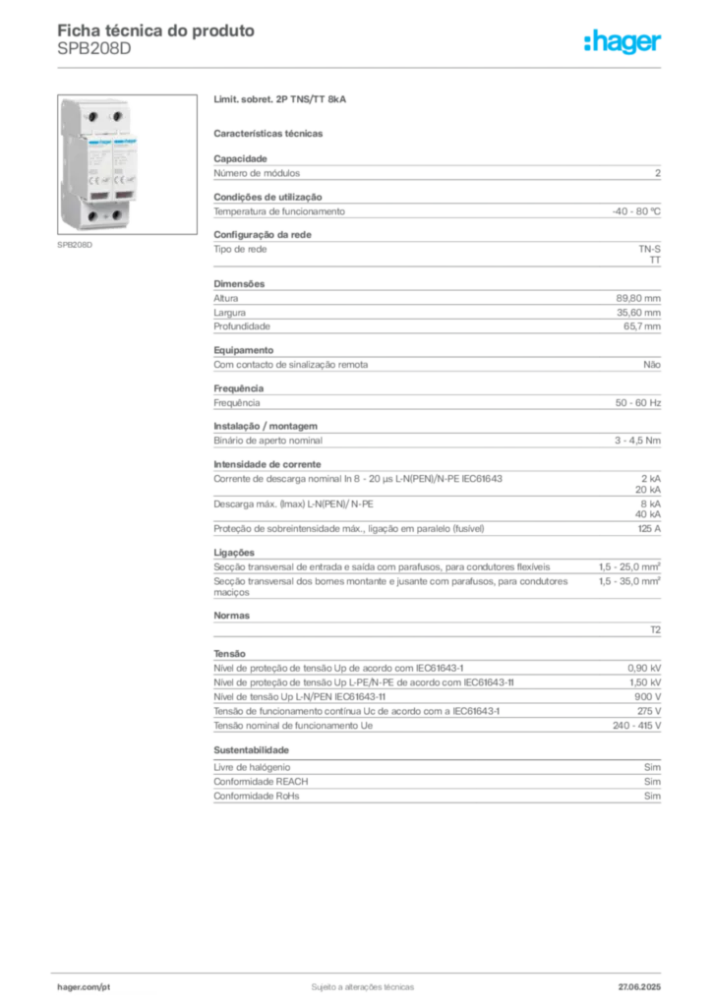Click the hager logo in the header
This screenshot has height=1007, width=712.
pos(623,42)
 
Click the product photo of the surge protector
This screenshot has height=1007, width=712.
pos(127,164)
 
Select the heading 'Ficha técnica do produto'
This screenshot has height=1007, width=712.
pos(156,30)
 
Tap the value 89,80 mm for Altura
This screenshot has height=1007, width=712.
pos(638,298)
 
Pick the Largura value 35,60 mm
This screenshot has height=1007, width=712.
pos(638,313)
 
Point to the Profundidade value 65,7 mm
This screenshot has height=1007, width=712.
pos(642,326)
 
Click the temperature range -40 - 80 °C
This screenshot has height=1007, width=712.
pos(636,211)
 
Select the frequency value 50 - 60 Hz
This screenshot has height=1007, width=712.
pos(637,402)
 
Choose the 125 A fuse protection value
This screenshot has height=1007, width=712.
pos(649,528)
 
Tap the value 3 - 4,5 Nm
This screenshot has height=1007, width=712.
pos(637,441)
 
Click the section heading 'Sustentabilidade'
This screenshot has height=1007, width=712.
pos(251,750)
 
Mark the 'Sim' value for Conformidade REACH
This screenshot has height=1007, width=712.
pos(652,782)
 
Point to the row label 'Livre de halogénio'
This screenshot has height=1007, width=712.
pos(252,767)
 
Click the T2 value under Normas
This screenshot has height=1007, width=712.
pos(656,630)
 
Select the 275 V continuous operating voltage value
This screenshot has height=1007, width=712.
pos(649,711)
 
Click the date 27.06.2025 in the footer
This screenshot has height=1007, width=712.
pos(639,987)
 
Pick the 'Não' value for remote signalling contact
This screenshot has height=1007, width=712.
pos(652,365)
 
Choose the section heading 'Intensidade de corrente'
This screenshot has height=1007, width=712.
pos(267,464)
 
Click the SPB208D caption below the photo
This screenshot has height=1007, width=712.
pos(75,245)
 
